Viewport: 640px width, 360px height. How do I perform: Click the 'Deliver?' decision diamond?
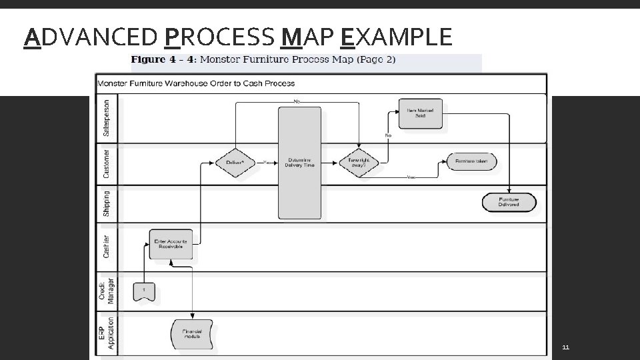pos(235,162)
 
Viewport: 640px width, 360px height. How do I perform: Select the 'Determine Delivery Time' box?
pos(299,162)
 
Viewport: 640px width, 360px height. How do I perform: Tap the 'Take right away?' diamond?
pos(359,162)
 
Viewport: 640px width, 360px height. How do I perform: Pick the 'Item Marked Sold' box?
pos(421,113)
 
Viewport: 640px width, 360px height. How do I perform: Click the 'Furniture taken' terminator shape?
pos(471,162)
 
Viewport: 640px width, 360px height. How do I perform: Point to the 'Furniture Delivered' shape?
pos(509,202)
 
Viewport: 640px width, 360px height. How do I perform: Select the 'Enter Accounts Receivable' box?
pos(171,244)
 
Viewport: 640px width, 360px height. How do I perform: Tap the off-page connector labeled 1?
pos(144,290)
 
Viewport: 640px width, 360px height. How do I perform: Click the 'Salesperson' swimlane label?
pos(107,119)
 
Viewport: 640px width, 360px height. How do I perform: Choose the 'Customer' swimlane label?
pos(107,164)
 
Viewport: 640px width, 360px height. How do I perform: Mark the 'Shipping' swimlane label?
pos(107,204)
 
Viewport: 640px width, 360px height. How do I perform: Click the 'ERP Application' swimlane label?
pos(107,332)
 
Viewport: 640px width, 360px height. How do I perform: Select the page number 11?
pos(565,348)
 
